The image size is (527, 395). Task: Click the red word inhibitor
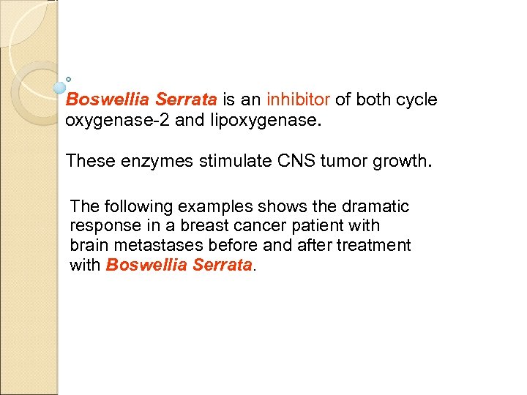[299, 99]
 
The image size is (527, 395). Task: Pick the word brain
[89, 246]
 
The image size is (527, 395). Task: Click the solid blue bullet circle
[60, 88]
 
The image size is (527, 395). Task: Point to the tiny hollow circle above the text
[68, 78]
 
